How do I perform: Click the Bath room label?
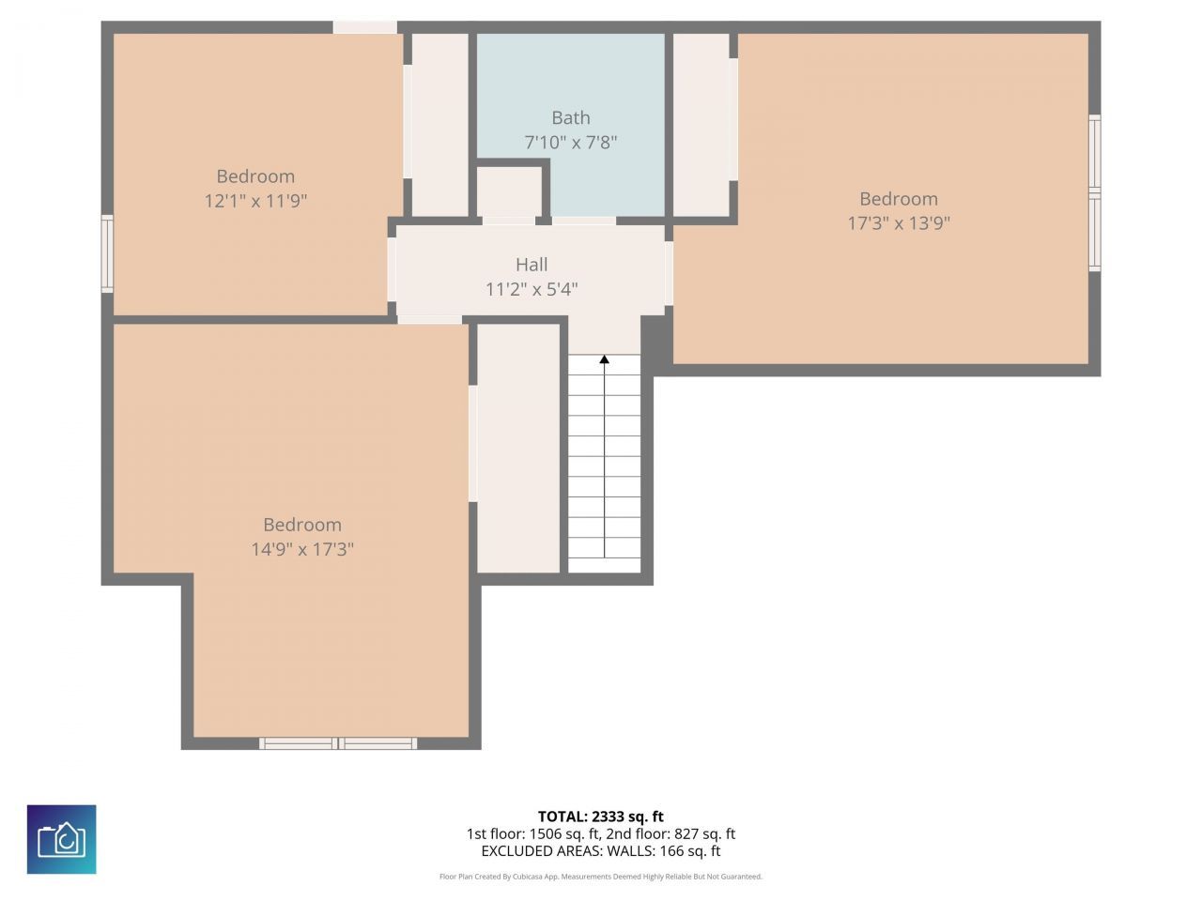click(570, 118)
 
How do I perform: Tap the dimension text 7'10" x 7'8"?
click(570, 143)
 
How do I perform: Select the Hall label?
click(532, 265)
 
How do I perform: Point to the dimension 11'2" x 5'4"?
click(532, 289)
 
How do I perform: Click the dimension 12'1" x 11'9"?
click(255, 201)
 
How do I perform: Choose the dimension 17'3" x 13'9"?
click(899, 223)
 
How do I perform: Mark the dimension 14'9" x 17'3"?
click(302, 549)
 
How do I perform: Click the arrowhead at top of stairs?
click(605, 359)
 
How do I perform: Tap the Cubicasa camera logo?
click(62, 839)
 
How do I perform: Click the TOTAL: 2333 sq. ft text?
click(601, 817)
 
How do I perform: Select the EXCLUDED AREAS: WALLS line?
click(601, 851)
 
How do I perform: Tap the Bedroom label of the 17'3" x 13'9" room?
click(899, 199)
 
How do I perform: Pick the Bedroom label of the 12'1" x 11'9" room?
click(255, 176)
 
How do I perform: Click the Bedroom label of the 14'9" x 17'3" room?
click(302, 525)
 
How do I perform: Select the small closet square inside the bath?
click(509, 192)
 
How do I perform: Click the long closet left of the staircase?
click(518, 447)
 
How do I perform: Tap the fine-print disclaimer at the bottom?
click(601, 877)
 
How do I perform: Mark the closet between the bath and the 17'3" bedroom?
click(701, 124)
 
